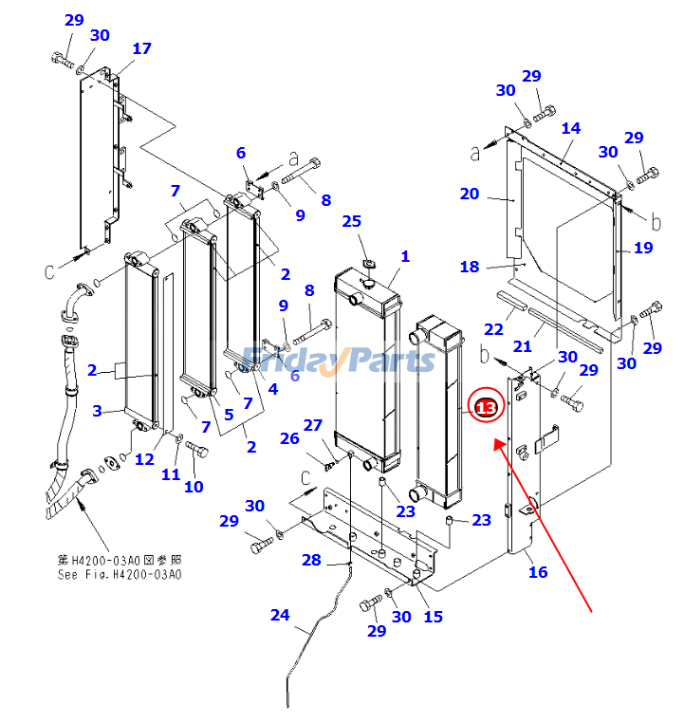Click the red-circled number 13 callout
coord(486,407)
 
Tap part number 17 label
coord(141,48)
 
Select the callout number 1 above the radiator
coord(405,256)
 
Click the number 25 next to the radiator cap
coord(352,221)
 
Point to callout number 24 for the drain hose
coord(279,615)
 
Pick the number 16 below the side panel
coord(538,571)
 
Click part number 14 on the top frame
coord(570,128)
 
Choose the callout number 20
coord(469,194)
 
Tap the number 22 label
coord(493,328)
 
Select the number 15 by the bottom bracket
coord(433,617)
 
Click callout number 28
coord(311,560)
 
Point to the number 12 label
coord(144,459)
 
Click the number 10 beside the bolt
coord(194,487)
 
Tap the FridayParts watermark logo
coord(338,360)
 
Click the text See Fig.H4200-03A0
coord(120,574)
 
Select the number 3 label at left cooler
coord(96,410)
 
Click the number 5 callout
coord(228,414)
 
